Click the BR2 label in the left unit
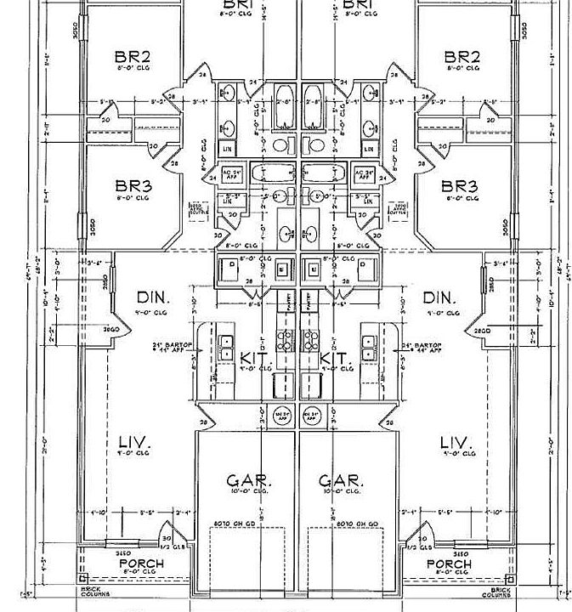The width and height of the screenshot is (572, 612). point(133,58)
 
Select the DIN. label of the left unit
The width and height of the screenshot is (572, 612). point(154,298)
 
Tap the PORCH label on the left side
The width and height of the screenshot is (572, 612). point(142,564)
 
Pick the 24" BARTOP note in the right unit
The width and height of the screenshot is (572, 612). point(422,347)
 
